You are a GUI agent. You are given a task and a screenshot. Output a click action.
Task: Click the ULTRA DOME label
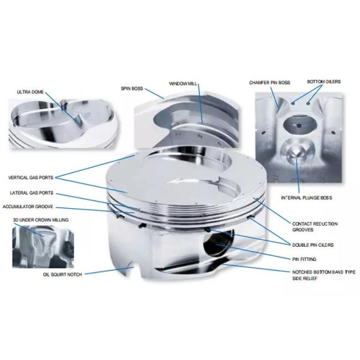click(x=31, y=92)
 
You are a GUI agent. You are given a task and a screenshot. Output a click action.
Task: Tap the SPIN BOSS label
click(x=132, y=89)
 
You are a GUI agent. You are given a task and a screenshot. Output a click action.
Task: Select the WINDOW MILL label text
click(x=183, y=83)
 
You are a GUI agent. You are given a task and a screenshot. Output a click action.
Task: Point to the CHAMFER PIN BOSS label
click(x=269, y=83)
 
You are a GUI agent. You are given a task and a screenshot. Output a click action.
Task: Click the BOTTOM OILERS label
click(x=324, y=82)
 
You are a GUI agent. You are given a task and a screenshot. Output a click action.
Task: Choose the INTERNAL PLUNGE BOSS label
click(x=307, y=197)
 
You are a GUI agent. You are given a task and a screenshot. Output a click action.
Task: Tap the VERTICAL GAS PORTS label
click(x=31, y=178)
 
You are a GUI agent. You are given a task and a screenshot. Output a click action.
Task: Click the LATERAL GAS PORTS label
click(x=31, y=193)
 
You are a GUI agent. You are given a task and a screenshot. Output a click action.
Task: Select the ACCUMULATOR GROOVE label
click(x=28, y=206)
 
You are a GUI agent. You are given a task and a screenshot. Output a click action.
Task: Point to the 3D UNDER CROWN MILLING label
click(x=41, y=220)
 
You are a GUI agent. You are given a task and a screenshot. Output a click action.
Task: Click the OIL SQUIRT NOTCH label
click(x=62, y=275)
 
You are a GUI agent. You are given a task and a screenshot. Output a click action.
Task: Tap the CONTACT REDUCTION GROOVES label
click(x=315, y=227)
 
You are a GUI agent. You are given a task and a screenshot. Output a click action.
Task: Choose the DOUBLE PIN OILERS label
click(x=313, y=245)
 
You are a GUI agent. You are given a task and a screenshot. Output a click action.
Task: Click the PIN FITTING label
click(x=304, y=259)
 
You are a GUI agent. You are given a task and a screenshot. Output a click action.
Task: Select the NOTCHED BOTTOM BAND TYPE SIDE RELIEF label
click(x=324, y=275)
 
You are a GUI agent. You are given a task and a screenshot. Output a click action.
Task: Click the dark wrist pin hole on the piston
click(x=218, y=243)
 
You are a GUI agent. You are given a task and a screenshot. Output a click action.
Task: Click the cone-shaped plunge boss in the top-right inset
click(x=296, y=151)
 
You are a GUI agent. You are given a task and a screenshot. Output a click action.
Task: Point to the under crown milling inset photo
click(x=43, y=247)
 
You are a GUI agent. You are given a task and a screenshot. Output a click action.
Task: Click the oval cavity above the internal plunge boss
click(x=300, y=125)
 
